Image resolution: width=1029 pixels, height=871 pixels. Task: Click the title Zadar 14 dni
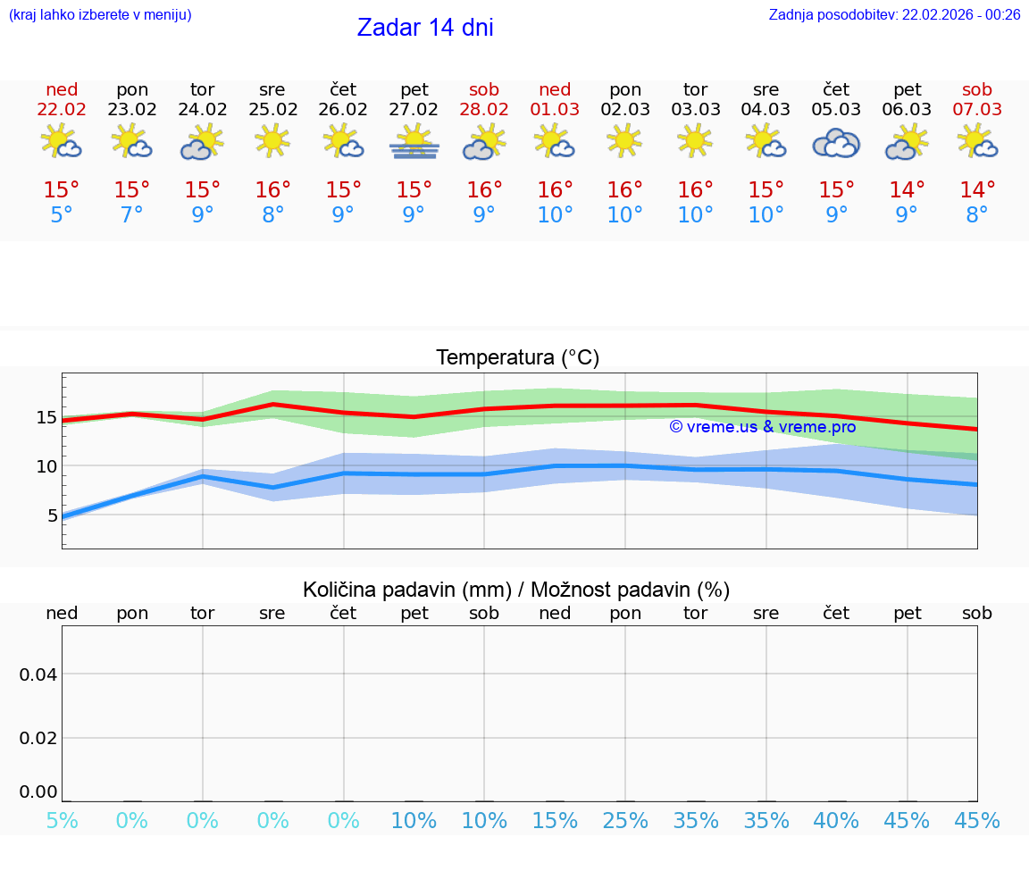pyautogui.click(x=425, y=28)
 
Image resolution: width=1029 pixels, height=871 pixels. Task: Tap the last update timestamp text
pyautogui.click(x=894, y=14)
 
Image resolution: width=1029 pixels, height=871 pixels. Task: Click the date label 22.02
pyautogui.click(x=62, y=110)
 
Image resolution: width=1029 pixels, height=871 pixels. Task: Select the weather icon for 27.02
pyautogui.click(x=414, y=142)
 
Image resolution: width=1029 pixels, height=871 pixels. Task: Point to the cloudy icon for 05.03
pyautogui.click(x=836, y=143)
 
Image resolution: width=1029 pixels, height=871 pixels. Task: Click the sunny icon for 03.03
pyautogui.click(x=695, y=140)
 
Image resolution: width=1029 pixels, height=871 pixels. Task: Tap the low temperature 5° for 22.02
pyautogui.click(x=62, y=215)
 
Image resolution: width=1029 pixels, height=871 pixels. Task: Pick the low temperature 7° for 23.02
pyautogui.click(x=132, y=215)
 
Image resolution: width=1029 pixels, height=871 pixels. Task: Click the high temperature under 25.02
pyautogui.click(x=272, y=190)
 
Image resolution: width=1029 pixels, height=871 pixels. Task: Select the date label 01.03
pyautogui.click(x=555, y=110)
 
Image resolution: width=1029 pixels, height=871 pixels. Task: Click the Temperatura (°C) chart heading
pyautogui.click(x=517, y=358)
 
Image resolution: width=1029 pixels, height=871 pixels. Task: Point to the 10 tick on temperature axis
pyautogui.click(x=46, y=466)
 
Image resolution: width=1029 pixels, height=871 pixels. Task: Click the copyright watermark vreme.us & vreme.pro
pyautogui.click(x=762, y=427)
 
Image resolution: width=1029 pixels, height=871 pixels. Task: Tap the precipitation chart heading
pyautogui.click(x=516, y=590)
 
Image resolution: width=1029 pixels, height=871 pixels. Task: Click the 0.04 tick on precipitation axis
pyautogui.click(x=38, y=674)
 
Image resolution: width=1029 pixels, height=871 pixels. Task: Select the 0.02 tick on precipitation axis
pyautogui.click(x=38, y=738)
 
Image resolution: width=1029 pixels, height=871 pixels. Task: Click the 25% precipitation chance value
pyautogui.click(x=625, y=821)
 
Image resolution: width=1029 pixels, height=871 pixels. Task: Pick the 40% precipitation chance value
pyautogui.click(x=836, y=821)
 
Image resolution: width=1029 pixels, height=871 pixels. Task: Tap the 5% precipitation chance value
pyautogui.click(x=62, y=821)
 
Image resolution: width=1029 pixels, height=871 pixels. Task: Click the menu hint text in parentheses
pyautogui.click(x=100, y=14)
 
